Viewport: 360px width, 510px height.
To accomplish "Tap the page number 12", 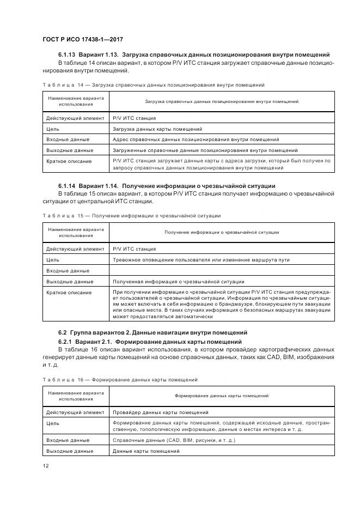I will [x=46, y=466].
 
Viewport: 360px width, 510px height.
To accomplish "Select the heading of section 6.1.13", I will [x=193, y=55].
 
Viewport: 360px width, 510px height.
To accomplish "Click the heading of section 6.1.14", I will [x=166, y=186].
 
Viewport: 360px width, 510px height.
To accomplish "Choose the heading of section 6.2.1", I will [x=150, y=342].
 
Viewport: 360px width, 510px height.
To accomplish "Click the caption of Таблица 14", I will [x=154, y=85].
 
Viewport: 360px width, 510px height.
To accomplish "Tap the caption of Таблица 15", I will [x=131, y=216].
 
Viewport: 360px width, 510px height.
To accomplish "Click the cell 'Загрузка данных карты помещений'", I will [x=157, y=129].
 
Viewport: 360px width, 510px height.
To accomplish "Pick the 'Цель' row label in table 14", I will [x=53, y=129].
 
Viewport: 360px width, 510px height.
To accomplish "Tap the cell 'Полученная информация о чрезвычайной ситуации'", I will [x=178, y=282].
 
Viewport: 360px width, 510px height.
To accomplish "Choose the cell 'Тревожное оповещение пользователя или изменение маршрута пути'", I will [x=200, y=260].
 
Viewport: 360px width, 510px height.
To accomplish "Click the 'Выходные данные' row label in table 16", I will [x=70, y=451].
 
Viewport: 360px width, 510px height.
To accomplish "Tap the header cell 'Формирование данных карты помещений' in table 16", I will [x=222, y=396].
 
